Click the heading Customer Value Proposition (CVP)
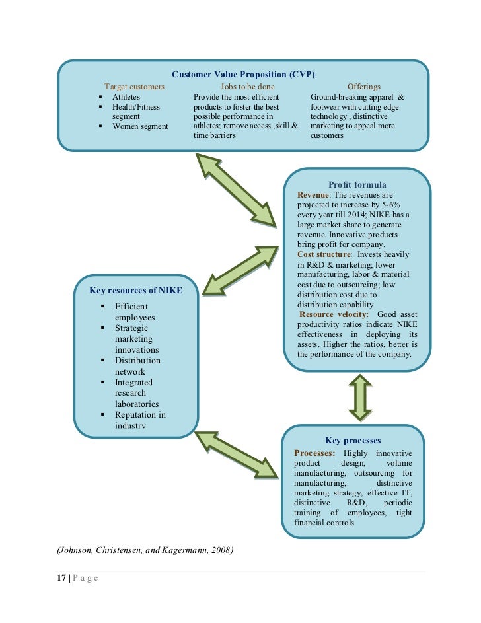tap(243, 73)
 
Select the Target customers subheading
tap(134, 87)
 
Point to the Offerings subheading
tap(363, 87)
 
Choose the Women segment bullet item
tap(140, 126)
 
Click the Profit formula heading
tap(357, 185)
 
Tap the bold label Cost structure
tap(324, 254)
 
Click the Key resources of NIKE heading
tap(135, 291)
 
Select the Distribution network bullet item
tap(137, 366)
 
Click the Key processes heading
tap(353, 441)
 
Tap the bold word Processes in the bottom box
tap(314, 453)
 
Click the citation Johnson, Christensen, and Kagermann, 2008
tap(141, 550)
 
